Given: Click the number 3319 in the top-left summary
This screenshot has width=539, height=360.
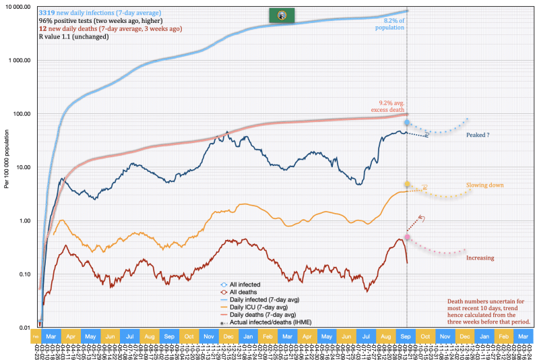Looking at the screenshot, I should pos(49,13).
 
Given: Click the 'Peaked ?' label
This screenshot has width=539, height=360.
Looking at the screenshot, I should pos(478,135).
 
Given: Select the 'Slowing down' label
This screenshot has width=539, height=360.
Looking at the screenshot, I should pos(484,185).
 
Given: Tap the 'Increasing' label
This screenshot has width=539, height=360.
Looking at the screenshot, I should pos(480,258).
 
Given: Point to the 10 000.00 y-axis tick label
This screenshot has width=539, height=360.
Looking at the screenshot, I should pos(18,7).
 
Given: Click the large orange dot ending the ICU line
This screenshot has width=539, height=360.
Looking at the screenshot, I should pos(407,184).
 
